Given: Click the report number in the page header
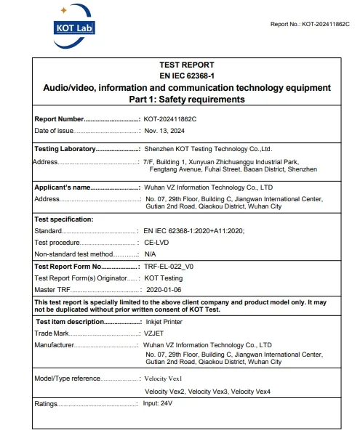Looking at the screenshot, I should pos(310,24).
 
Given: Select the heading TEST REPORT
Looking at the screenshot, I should pos(187,65).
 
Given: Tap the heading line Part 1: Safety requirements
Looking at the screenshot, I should pos(187,99).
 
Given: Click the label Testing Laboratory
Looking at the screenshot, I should pos(65,148).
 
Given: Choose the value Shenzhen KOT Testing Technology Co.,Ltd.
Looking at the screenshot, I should pos(207,148).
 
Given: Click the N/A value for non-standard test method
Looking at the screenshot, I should pos(150,254).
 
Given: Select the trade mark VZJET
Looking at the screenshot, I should pos(155,333).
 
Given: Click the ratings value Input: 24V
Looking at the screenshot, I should pos(158,402).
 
